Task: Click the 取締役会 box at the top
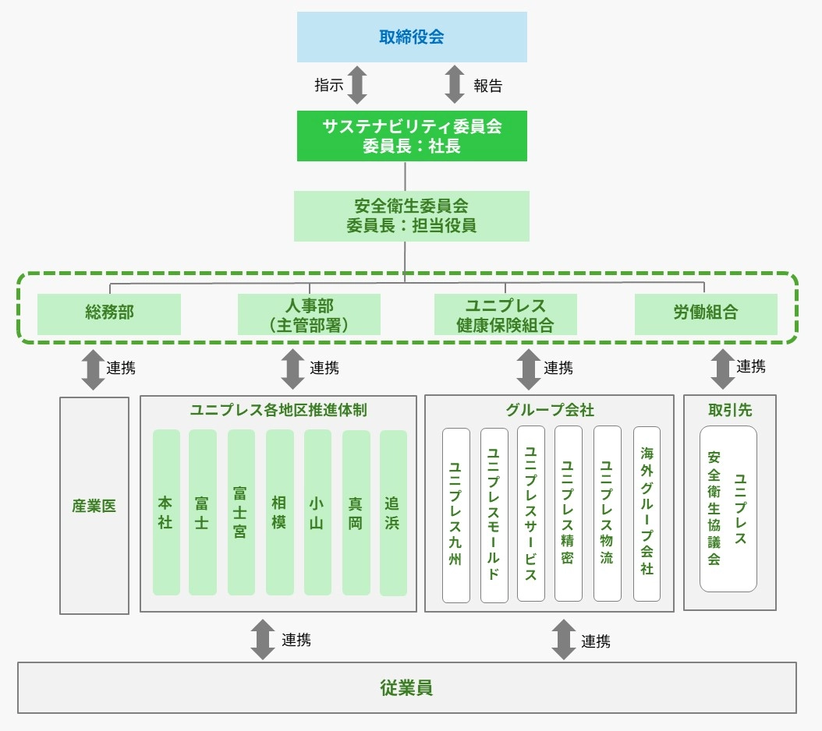point(412,37)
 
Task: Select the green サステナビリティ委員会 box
point(412,136)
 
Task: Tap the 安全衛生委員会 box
point(412,216)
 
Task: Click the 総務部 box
point(109,313)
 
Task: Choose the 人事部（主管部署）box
point(309,314)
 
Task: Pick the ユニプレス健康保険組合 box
point(505,314)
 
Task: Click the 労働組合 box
point(706,313)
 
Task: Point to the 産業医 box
point(94,506)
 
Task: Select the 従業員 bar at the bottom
point(407,687)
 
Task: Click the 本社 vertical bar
point(166,512)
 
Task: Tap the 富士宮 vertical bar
point(241,512)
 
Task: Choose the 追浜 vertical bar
point(393,512)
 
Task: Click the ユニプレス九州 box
point(456,515)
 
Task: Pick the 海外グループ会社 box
point(647,514)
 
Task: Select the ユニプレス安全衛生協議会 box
point(728,508)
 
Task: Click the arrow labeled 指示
point(356,85)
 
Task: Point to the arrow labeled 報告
point(455,85)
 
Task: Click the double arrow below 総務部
point(94,369)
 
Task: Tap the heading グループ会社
point(549,410)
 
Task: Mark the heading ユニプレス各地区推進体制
point(278,410)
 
